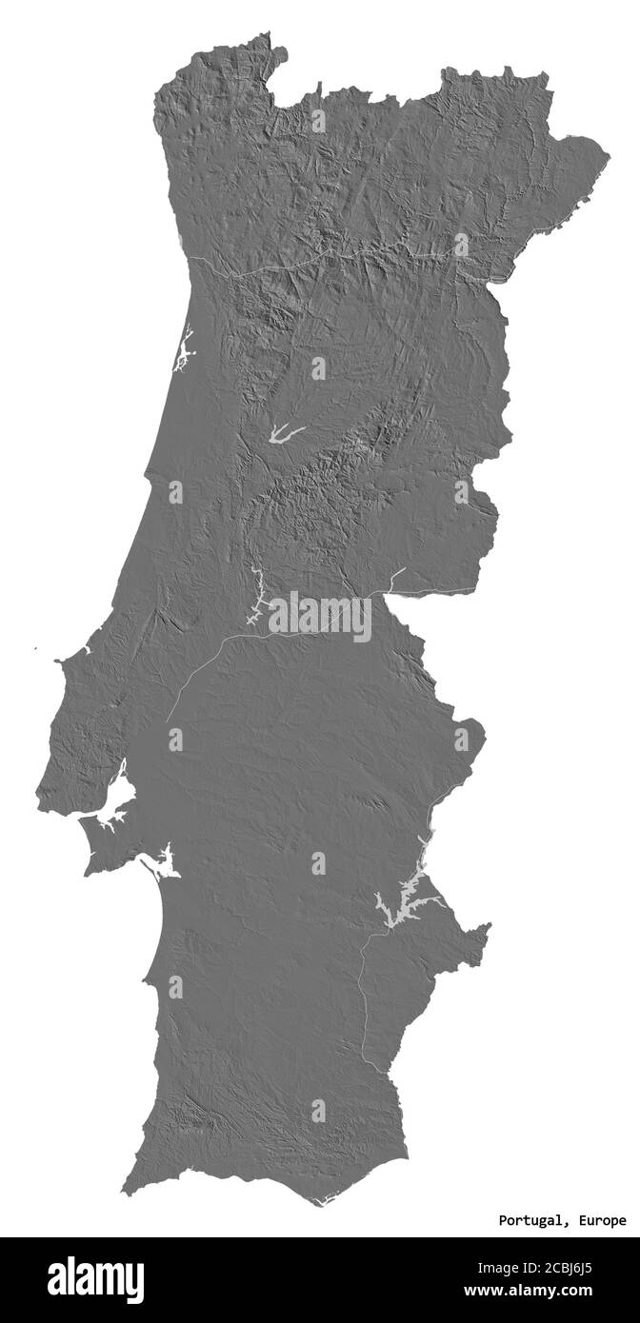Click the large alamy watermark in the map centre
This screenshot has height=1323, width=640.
pyautogui.click(x=320, y=616)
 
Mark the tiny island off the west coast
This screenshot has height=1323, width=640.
pyautogui.click(x=34, y=650)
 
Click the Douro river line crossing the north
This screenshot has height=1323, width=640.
pyautogui.click(x=286, y=263)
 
